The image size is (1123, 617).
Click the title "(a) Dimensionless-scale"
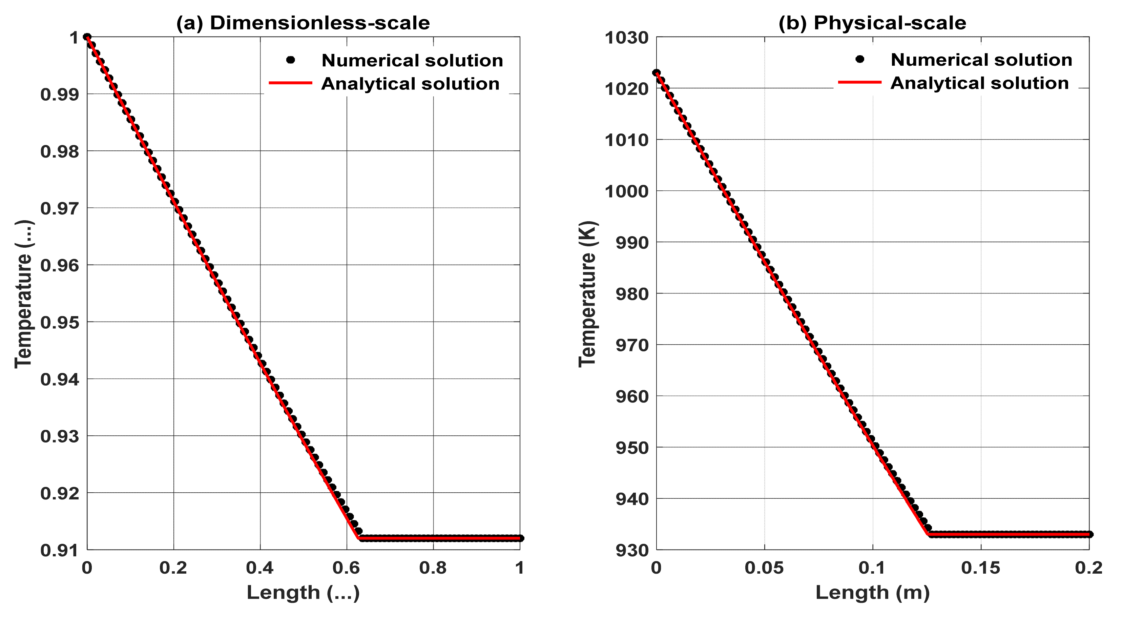pos(303,23)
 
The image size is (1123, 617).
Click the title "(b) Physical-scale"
pos(872,23)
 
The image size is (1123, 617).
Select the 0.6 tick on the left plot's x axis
pos(346,568)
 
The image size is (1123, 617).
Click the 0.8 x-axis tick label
pos(433,568)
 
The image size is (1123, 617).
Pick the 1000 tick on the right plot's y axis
pos(626,191)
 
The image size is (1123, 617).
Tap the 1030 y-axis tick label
pos(626,38)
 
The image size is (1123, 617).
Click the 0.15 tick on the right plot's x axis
pos(980,568)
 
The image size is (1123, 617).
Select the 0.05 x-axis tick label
pos(764,568)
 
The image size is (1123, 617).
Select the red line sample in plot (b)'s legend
pos(860,82)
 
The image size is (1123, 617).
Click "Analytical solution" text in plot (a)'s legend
pos(410,84)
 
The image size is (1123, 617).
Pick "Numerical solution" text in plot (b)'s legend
pos(981,60)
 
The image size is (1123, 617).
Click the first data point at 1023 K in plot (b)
pos(657,73)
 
